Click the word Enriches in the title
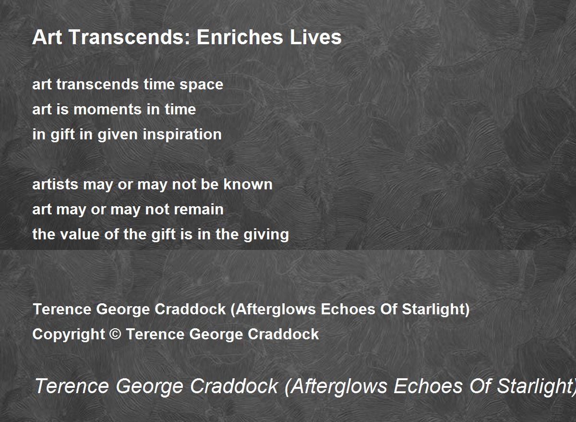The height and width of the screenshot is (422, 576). [x=240, y=37]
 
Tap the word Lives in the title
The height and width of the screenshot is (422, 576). [x=316, y=37]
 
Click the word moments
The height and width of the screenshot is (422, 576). [x=107, y=109]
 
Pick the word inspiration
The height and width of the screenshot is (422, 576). [x=182, y=135]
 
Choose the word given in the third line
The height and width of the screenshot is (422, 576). [x=118, y=135]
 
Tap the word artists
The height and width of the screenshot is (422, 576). [x=55, y=184]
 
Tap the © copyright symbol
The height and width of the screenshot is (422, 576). [x=115, y=334]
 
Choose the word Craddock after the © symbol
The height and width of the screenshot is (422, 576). [x=283, y=334]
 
